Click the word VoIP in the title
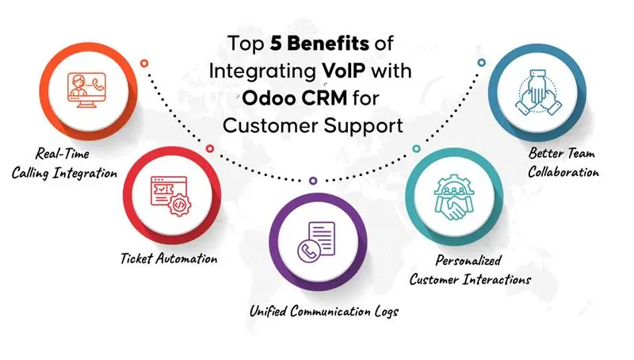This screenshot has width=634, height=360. pos(344,71)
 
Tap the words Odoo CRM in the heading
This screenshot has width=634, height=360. pos(295,98)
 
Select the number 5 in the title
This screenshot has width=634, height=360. pos(276,44)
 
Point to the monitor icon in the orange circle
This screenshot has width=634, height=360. pos(86,90)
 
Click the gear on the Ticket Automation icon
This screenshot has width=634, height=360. pos(180,205)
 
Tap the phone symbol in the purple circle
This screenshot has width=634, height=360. pos(309,251)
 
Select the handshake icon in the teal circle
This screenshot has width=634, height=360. pos(453,197)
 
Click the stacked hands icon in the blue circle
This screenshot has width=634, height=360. pos(537,93)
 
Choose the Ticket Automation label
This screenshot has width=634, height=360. pos(169,259)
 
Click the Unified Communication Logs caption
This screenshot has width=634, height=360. pos(324,312)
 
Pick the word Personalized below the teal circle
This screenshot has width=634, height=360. pos(468,261)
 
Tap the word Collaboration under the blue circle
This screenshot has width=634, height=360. pos(563,172)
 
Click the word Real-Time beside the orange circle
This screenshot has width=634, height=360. pos(63,154)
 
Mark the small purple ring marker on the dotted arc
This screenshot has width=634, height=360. pos(313,181)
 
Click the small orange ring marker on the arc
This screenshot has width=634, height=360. pos(144,63)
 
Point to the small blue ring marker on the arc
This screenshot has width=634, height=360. pos(481,63)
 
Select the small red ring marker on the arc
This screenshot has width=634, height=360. pos(209,148)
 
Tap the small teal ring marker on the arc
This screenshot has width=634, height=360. pos(417,149)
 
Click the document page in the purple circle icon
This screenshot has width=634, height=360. pos(322,238)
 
